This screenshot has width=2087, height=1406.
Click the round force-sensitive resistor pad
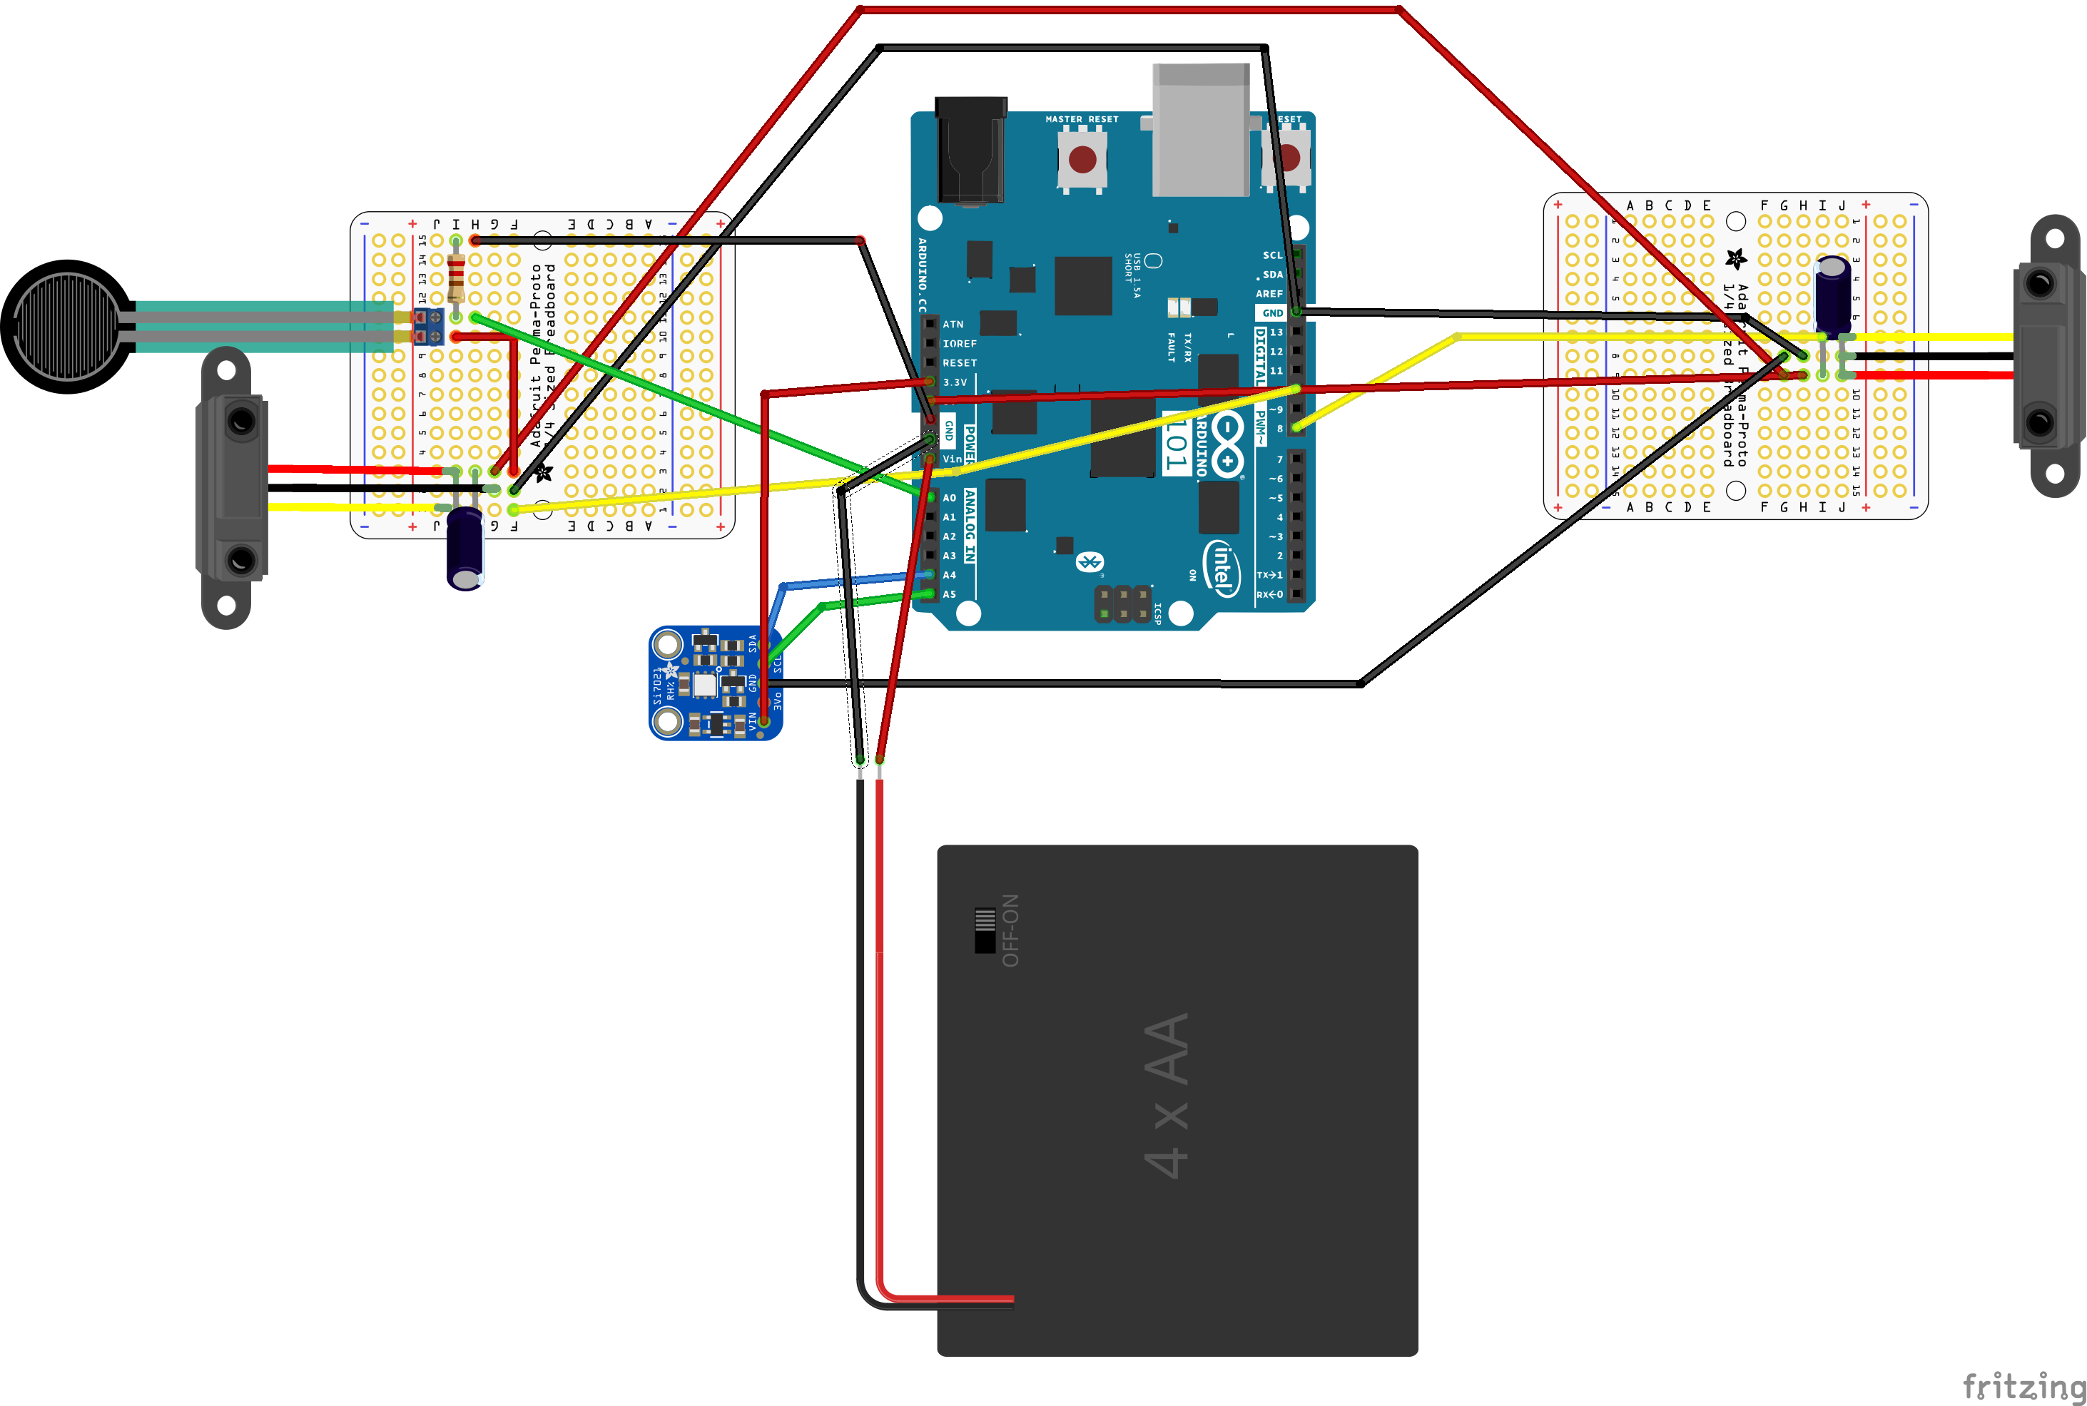pyautogui.click(x=67, y=327)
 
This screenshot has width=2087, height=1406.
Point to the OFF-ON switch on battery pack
pyautogui.click(x=985, y=931)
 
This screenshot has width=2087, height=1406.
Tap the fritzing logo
pyautogui.click(x=2022, y=1386)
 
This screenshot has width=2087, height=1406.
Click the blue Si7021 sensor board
pyautogui.click(x=715, y=683)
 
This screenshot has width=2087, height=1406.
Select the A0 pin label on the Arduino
pyautogui.click(x=950, y=498)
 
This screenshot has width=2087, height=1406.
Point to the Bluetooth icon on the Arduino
pyautogui.click(x=1089, y=562)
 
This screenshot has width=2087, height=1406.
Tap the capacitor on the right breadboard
pyautogui.click(x=1832, y=293)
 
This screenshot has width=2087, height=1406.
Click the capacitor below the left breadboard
pyautogui.click(x=464, y=548)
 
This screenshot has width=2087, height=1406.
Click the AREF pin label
pyautogui.click(x=1269, y=294)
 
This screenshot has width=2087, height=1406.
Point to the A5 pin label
pyautogui.click(x=950, y=594)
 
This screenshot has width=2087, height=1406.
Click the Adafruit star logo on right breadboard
pyautogui.click(x=1735, y=259)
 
